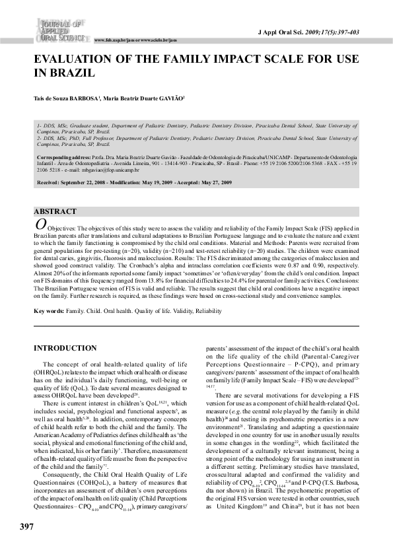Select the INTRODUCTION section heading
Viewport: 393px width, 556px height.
pos(65,348)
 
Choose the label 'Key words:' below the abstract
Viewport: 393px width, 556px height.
pos(49,310)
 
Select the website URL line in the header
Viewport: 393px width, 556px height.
pos(136,40)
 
